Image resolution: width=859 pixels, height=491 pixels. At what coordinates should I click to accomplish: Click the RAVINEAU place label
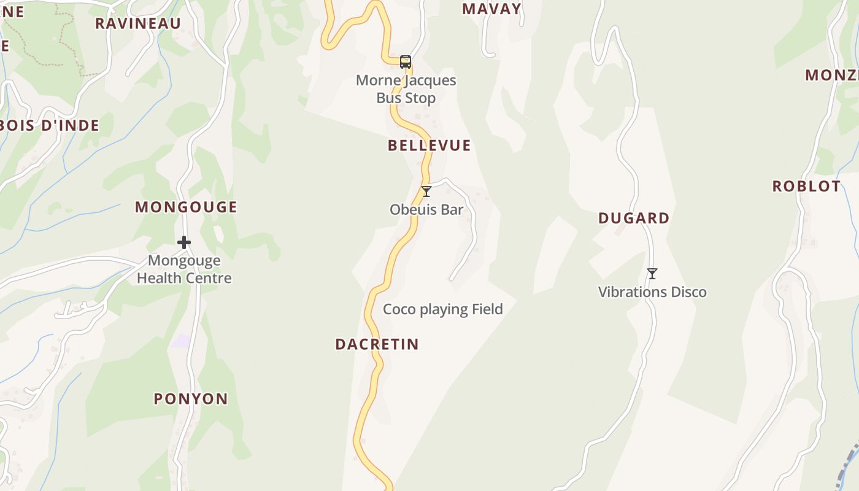pos(138,23)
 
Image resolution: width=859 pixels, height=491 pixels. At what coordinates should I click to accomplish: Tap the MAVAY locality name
pos(491,9)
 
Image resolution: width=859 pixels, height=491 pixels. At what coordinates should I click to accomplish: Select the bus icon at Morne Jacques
pos(406,61)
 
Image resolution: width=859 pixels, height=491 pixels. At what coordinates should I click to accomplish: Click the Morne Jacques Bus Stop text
pos(406,89)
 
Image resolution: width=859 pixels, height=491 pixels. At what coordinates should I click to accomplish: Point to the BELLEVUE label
pos(429,145)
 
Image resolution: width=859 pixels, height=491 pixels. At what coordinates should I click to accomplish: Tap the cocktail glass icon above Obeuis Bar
pos(426,191)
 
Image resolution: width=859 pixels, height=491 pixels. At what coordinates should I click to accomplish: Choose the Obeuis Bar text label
pos(426,210)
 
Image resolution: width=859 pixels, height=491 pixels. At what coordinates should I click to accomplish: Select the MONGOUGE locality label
pos(186,207)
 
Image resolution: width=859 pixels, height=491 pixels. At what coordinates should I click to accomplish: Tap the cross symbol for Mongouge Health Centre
pos(184,242)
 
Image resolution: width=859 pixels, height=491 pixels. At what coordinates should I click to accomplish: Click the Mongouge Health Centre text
pos(184,269)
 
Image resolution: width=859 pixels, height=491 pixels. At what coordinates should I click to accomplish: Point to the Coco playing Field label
pos(443,309)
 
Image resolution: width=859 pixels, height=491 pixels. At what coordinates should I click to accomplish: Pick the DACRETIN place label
pos(377,344)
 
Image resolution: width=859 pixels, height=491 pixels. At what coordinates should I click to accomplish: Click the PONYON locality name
pos(191,399)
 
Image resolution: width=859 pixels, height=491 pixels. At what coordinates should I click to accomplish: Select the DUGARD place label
pos(634,218)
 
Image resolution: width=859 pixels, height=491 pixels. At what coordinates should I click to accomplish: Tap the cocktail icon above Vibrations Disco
pos(652,274)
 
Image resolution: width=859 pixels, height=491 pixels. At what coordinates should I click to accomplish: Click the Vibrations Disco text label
pos(652,292)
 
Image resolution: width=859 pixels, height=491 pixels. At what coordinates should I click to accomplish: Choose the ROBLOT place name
pos(806,187)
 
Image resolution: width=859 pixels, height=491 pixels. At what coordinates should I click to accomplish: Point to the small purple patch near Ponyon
pos(180,341)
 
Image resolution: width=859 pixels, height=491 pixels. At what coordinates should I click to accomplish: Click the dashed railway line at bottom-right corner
pos(849,462)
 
